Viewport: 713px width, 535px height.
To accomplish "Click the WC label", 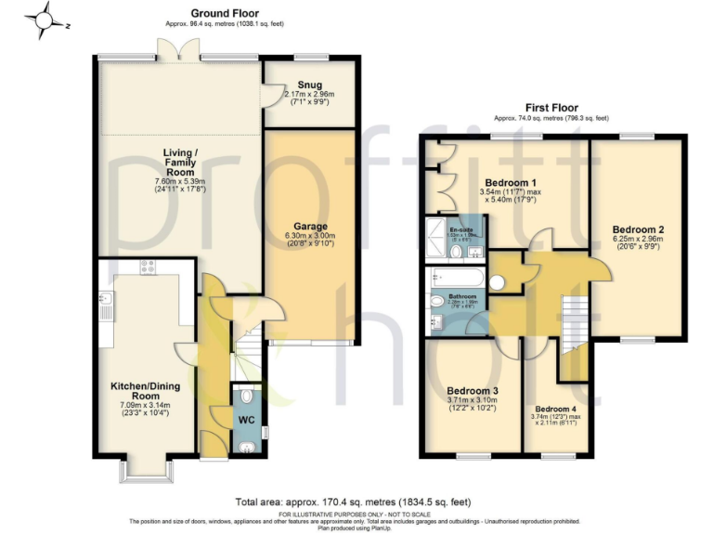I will click(x=247, y=419).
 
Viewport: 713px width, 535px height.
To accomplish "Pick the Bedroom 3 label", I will click(x=473, y=391).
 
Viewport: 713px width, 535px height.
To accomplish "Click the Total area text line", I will click(x=357, y=502).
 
